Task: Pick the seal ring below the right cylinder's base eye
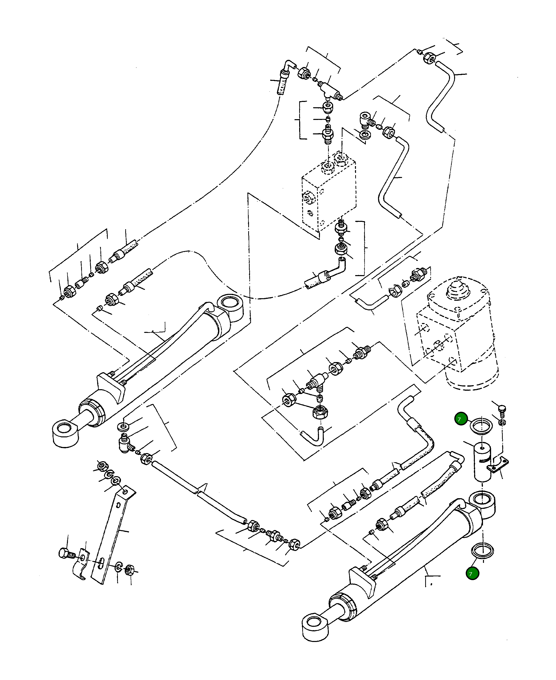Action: [482, 550]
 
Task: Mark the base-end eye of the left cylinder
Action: [230, 307]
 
